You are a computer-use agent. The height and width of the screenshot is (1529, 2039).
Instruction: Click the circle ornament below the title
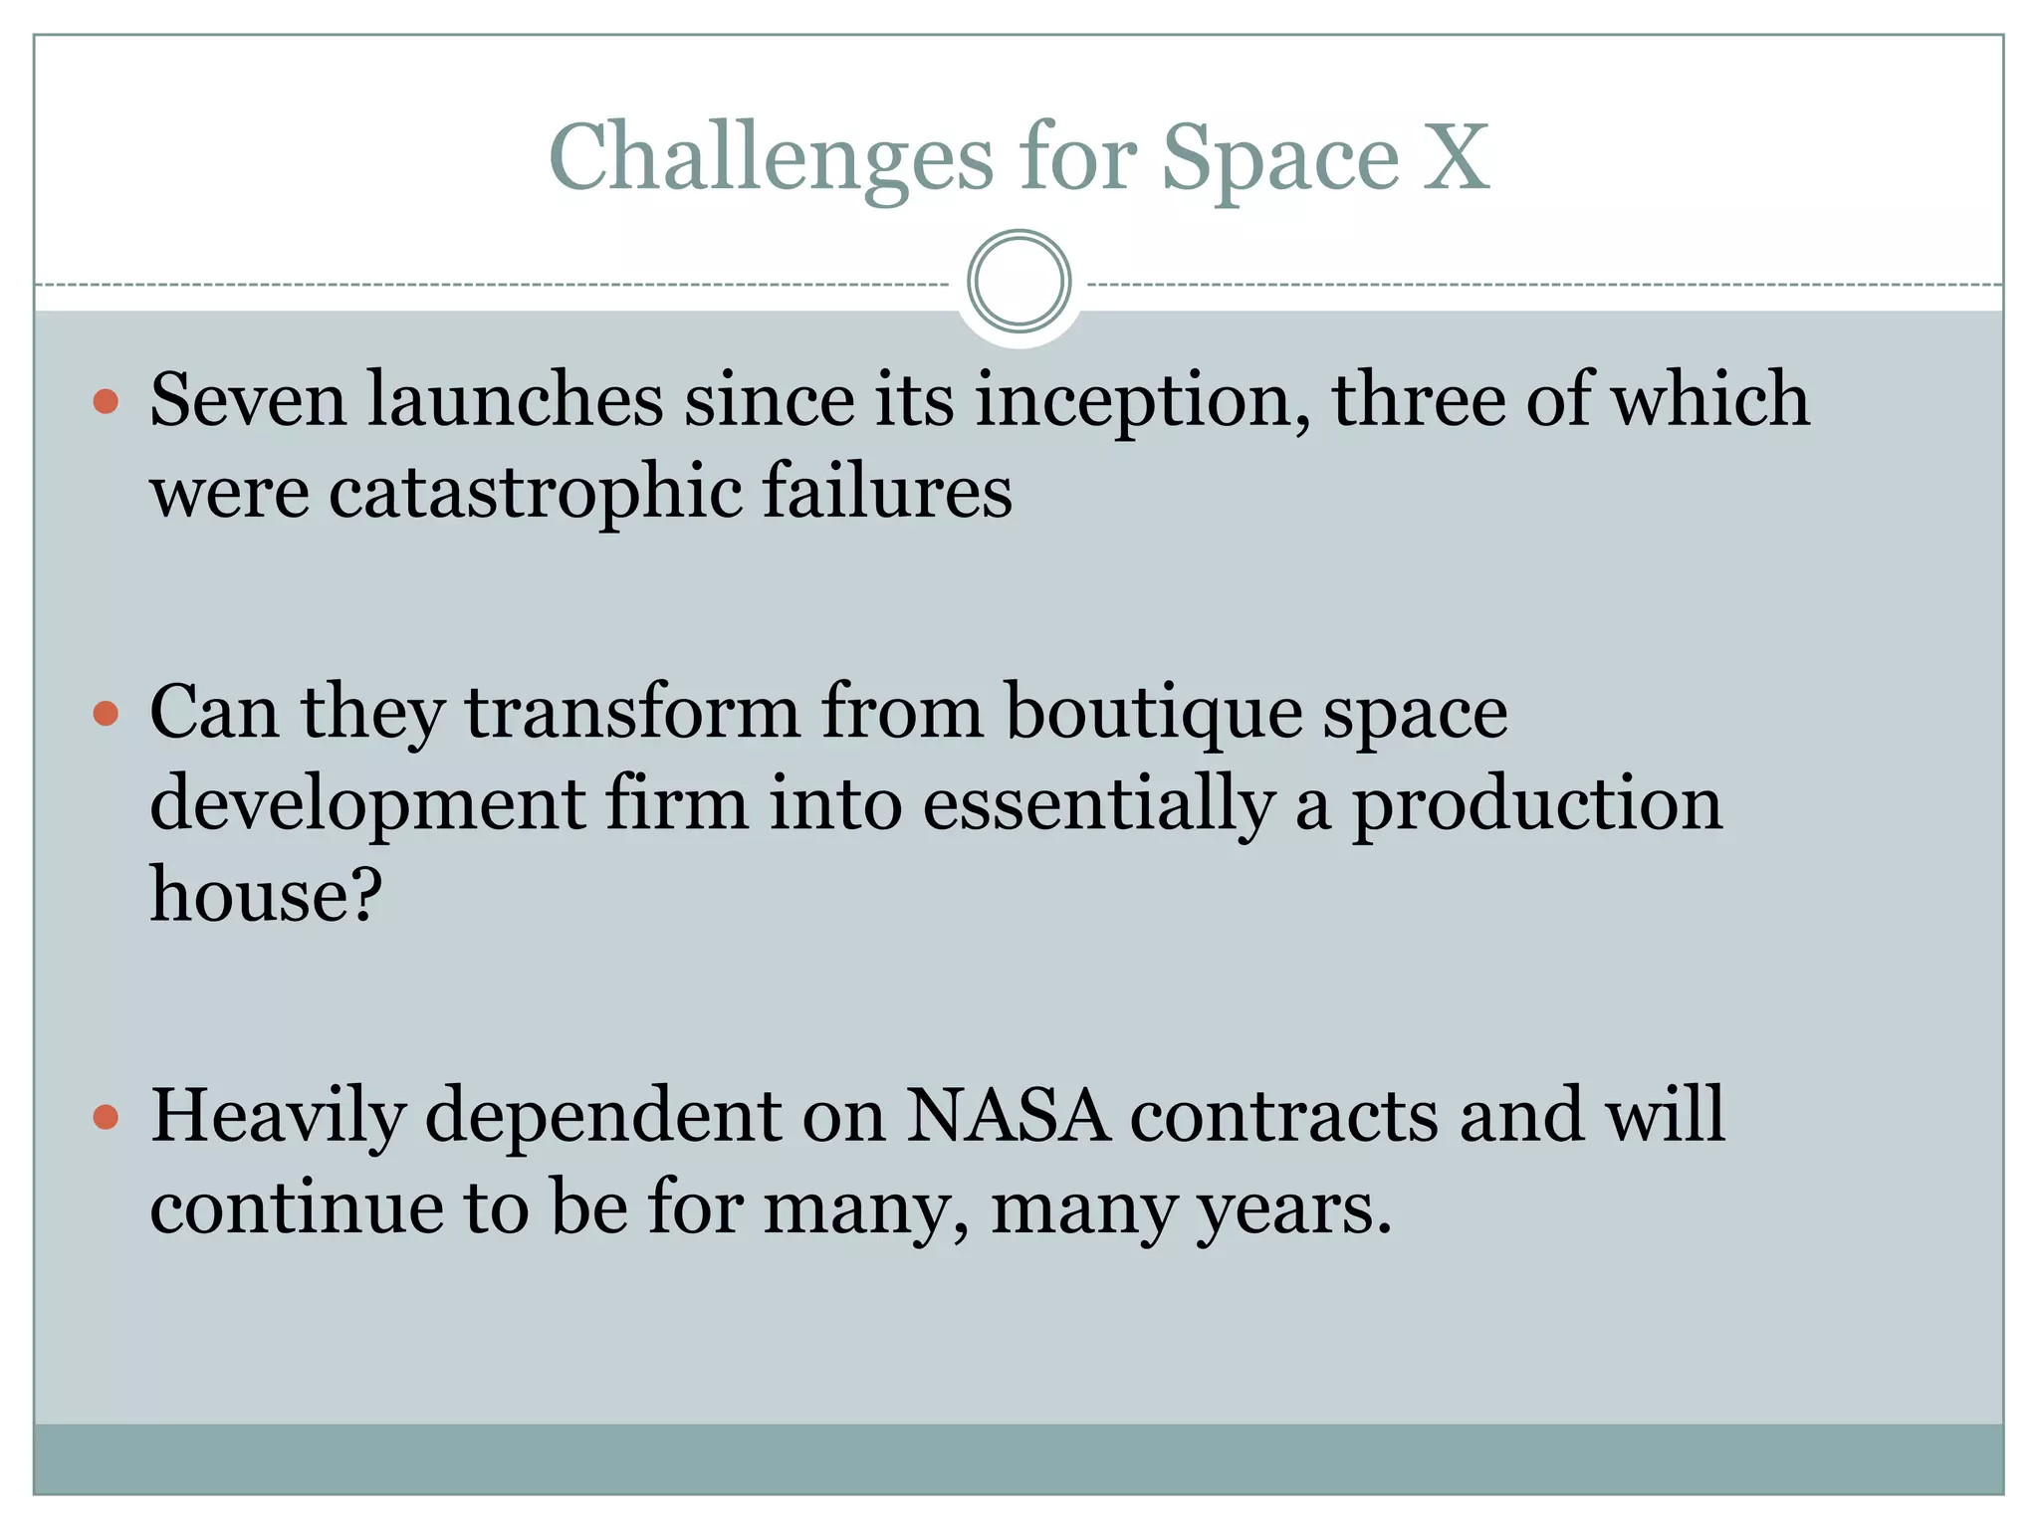(1019, 282)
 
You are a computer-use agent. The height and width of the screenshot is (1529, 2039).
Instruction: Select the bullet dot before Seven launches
(106, 402)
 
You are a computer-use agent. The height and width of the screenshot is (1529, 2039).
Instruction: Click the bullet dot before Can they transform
(106, 714)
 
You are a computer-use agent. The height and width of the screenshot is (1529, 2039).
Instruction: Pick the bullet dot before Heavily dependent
(106, 1117)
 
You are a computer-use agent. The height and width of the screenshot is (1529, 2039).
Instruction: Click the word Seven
(248, 400)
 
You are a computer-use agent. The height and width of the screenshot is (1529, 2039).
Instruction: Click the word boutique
(1154, 714)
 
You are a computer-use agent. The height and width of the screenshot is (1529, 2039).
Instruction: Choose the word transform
(632, 712)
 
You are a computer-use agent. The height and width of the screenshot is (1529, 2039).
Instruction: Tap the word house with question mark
(266, 894)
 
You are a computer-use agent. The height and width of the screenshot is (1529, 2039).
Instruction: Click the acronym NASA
(1008, 1115)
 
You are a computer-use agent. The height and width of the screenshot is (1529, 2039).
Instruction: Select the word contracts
(1283, 1115)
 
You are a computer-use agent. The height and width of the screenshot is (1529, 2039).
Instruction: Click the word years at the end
(1293, 1210)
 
